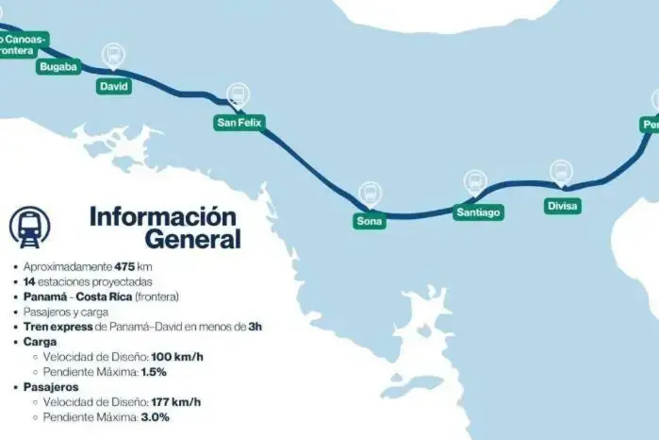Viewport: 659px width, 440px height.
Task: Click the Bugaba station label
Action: pyautogui.click(x=58, y=67)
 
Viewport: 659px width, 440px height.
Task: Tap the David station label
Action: pyautogui.click(x=114, y=86)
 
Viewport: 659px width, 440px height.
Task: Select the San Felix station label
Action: pyautogui.click(x=239, y=123)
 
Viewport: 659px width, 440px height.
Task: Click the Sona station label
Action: pyautogui.click(x=370, y=222)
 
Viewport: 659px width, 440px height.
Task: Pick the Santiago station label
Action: pyautogui.click(x=478, y=212)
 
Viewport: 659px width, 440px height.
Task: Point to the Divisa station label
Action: pyautogui.click(x=563, y=205)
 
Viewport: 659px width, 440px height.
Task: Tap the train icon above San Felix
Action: pyautogui.click(x=238, y=94)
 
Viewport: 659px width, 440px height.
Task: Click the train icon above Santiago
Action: pyautogui.click(x=475, y=181)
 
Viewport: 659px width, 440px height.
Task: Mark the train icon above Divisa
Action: pyautogui.click(x=561, y=172)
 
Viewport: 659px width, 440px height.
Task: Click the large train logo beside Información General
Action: pyautogui.click(x=30, y=227)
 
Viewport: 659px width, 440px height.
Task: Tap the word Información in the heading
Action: pyautogui.click(x=162, y=215)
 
